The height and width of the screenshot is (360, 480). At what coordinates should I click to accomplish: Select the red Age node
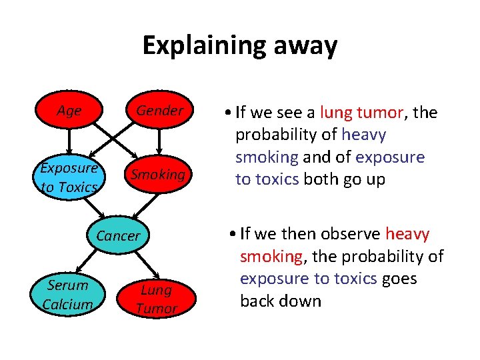[69, 111]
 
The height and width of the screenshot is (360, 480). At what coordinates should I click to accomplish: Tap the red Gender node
[158, 111]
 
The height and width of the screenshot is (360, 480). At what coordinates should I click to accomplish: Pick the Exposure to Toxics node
[69, 177]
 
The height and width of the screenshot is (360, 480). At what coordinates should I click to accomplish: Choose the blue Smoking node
[158, 175]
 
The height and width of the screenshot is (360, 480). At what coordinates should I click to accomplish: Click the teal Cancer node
[118, 235]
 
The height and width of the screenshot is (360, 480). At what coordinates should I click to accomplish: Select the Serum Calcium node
[67, 295]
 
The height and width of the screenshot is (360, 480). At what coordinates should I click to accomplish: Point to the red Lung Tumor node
[156, 299]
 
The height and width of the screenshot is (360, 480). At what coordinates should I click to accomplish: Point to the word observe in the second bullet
[350, 234]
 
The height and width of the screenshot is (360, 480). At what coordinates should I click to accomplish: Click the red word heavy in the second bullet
[407, 234]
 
